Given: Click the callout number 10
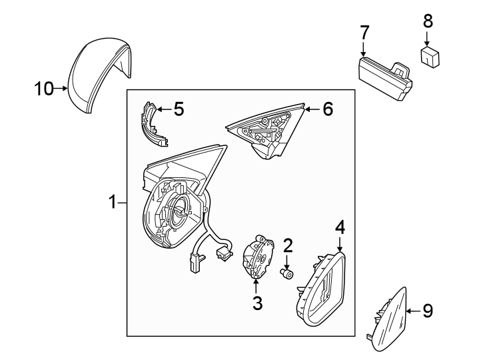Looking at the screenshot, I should [43, 89].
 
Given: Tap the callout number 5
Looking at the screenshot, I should [179, 109].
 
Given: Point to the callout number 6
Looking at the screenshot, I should [327, 109].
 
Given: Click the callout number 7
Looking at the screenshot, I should [364, 32].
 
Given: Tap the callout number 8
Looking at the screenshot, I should [428, 21].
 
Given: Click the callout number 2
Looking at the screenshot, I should [288, 246].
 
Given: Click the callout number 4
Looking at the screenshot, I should [340, 227].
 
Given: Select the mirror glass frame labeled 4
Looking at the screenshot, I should [322, 289].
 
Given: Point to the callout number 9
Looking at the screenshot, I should [428, 310].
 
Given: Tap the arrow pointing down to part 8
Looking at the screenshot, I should [428, 38].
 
